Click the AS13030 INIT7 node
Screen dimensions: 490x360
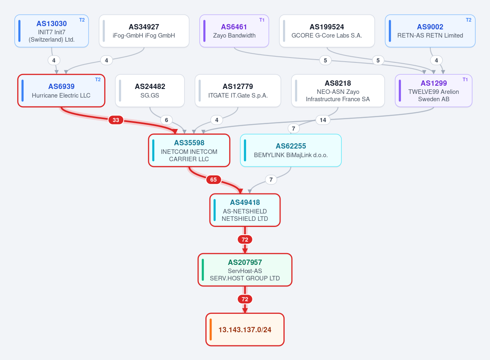[51, 31]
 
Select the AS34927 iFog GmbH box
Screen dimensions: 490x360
[144, 31]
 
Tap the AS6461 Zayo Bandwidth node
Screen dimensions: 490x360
[234, 31]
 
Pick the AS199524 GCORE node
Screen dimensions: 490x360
[327, 31]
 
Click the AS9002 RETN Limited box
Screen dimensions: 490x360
[430, 31]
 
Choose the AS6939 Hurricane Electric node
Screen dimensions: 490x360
[61, 91]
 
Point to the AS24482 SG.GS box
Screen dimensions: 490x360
[150, 91]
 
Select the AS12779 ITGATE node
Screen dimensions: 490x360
[238, 91]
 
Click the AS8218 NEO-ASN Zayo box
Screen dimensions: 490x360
[338, 91]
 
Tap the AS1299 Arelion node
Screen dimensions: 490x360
[434, 91]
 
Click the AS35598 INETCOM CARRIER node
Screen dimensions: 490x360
[189, 150]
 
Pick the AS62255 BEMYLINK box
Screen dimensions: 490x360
[291, 150]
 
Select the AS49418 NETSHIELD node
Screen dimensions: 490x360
[245, 210]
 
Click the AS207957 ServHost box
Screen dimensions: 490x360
[245, 270]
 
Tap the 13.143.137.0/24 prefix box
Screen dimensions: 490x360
[245, 329]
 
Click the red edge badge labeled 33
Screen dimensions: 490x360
[116, 120]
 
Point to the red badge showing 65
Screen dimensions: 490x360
[213, 180]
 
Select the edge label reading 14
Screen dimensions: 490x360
[323, 120]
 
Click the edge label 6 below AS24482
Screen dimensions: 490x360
[166, 120]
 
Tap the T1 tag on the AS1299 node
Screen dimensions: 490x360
[465, 80]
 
